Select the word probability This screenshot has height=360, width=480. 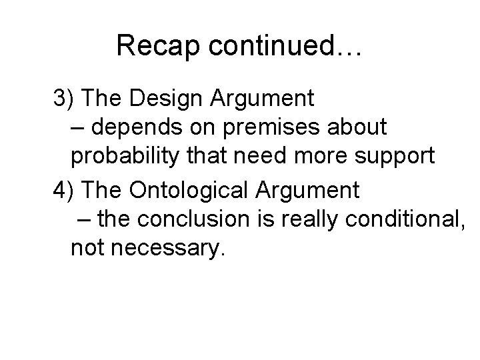pyautogui.click(x=124, y=156)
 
